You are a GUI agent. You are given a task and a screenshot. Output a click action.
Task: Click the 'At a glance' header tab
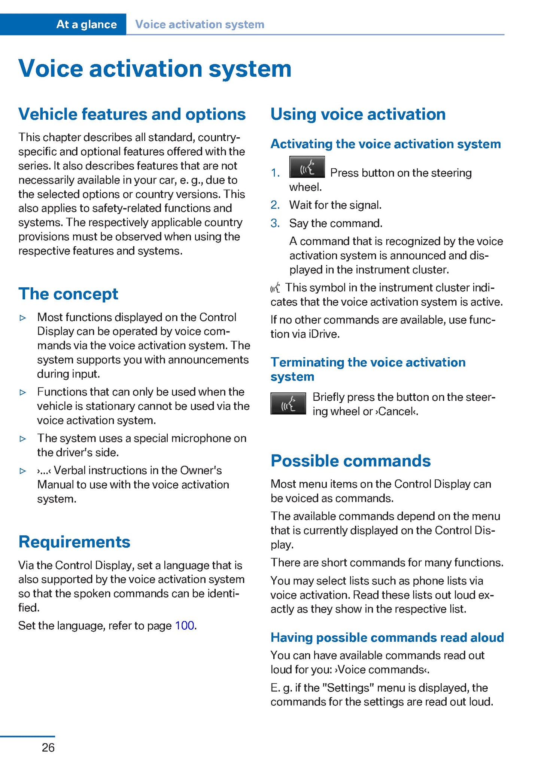click(86, 25)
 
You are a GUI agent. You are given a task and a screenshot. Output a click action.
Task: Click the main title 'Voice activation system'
click(155, 69)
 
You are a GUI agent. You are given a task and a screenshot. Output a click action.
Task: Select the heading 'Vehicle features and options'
click(132, 114)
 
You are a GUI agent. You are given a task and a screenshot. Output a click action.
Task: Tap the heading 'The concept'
click(68, 294)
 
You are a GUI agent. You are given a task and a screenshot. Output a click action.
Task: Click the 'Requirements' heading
click(74, 542)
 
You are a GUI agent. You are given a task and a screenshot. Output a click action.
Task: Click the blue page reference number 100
click(185, 626)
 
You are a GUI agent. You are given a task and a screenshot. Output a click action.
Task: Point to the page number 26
click(48, 748)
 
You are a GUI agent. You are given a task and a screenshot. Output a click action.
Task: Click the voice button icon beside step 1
click(307, 167)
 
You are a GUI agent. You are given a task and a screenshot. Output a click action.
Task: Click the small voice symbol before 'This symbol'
click(275, 288)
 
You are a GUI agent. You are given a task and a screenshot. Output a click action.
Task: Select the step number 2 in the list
click(275, 205)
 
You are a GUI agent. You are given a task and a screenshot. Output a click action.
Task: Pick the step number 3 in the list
click(275, 223)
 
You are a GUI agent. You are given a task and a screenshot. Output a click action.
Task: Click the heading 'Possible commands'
click(350, 461)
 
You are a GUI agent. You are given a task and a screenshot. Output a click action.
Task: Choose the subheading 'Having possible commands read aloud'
click(387, 638)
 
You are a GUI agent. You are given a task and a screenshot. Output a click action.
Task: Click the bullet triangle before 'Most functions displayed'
click(23, 318)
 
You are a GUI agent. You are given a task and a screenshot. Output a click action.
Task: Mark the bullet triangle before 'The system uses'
click(23, 439)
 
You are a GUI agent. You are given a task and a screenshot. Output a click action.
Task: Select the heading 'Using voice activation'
click(358, 114)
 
